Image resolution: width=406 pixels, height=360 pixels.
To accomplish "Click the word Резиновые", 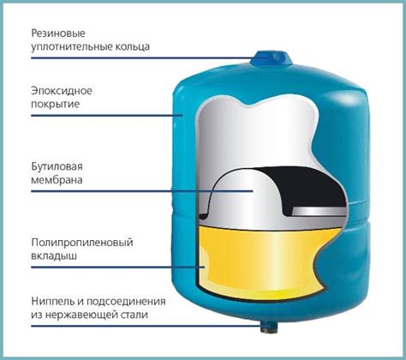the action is click(x=58, y=33).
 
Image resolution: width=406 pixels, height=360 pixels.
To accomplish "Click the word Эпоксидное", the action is click(x=62, y=91).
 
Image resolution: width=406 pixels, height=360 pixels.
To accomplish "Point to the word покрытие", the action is click(x=56, y=104).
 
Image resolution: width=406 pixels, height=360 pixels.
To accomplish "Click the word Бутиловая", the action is click(x=57, y=166).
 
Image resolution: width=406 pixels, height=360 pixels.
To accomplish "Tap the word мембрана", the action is click(x=57, y=180).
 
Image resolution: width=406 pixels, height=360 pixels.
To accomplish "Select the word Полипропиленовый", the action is click(x=82, y=243).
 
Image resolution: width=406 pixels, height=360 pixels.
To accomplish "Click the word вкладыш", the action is click(x=54, y=255).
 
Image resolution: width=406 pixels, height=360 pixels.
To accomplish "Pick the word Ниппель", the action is click(x=54, y=302).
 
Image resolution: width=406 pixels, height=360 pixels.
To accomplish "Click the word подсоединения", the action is click(x=126, y=302).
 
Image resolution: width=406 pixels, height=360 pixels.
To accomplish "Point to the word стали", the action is click(x=134, y=315).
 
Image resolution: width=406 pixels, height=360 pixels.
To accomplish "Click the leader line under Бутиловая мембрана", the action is click(x=142, y=191).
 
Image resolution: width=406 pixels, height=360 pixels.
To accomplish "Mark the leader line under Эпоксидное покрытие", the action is click(x=107, y=116).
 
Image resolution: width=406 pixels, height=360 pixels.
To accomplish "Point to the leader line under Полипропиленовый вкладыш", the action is click(x=118, y=267).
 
